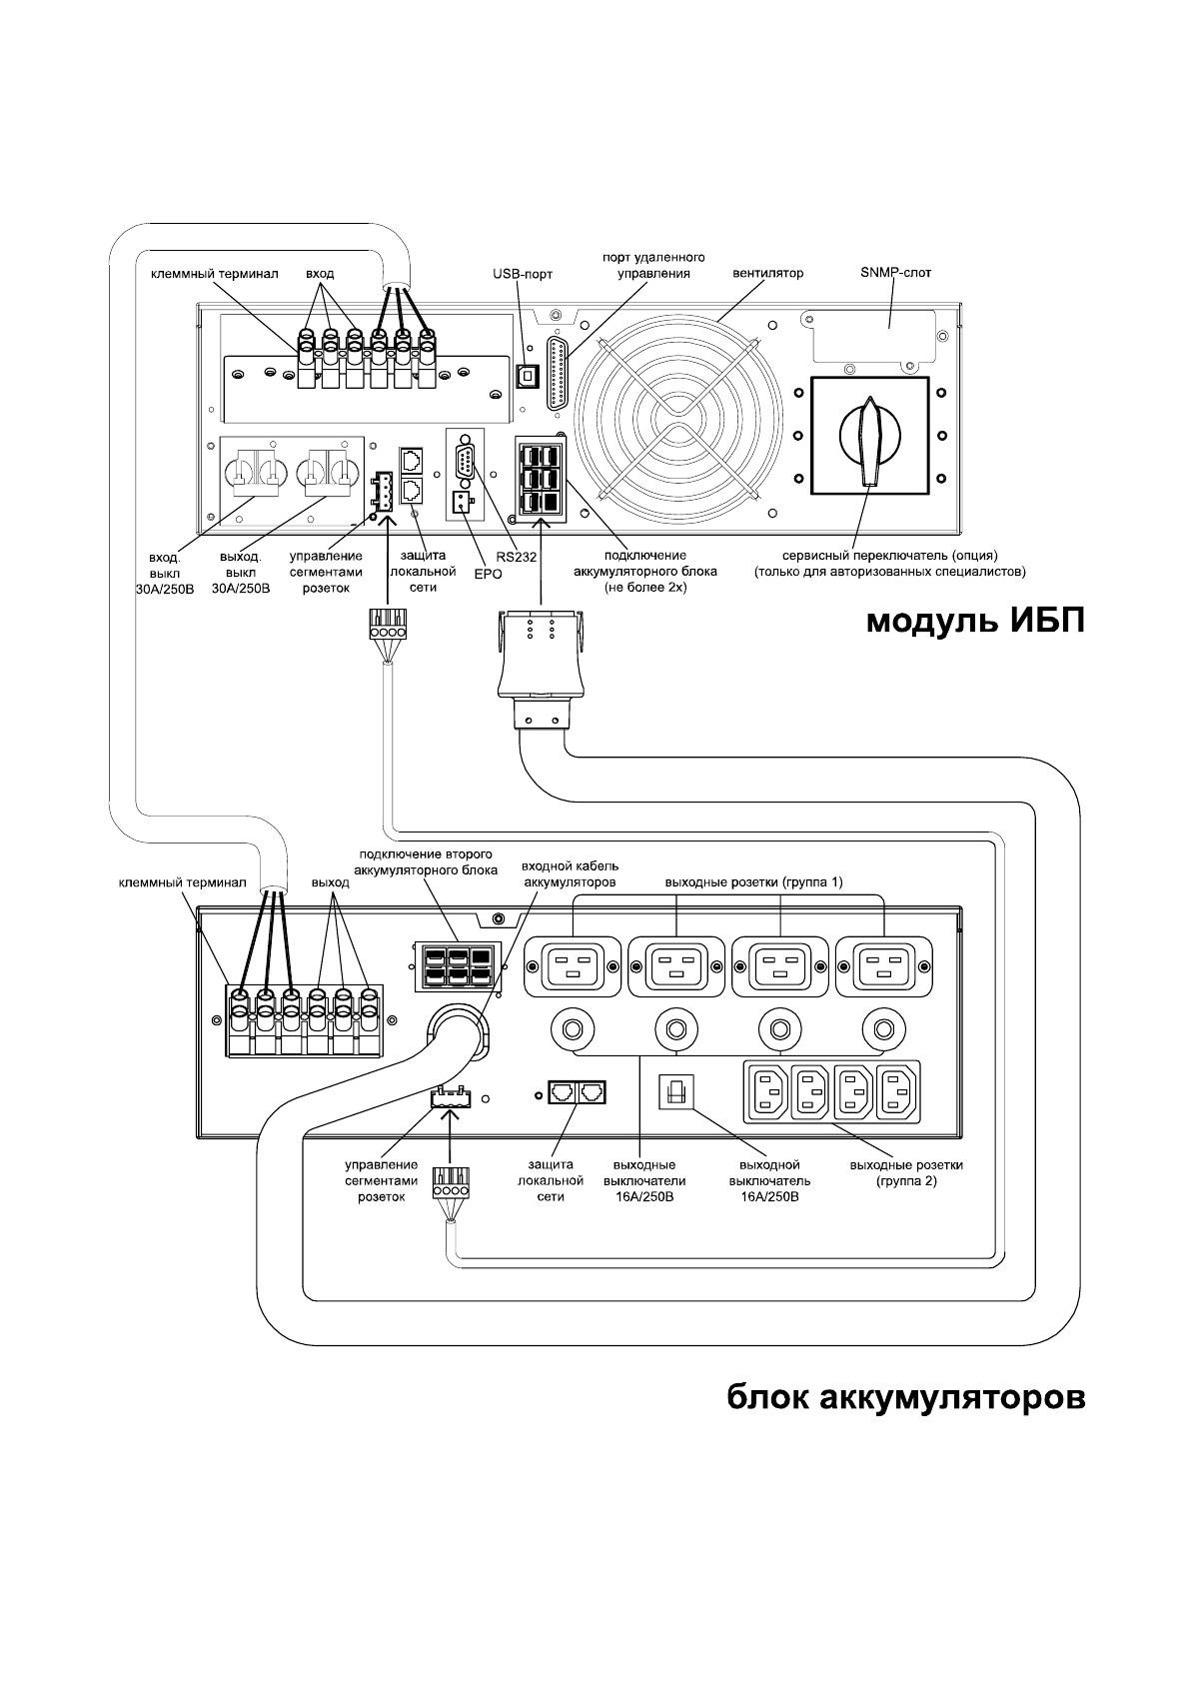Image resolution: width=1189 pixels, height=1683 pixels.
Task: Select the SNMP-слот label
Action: (895, 273)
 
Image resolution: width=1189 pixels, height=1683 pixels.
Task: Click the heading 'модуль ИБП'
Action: (974, 622)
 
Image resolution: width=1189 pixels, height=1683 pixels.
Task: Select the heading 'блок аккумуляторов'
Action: (904, 1397)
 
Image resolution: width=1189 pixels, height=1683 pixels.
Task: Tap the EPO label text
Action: (488, 575)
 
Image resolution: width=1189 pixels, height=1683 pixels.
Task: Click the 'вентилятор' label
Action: (767, 273)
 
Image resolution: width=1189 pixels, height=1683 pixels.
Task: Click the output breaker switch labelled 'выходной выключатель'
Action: (672, 1092)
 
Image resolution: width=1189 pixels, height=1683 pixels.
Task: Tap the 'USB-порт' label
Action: (523, 273)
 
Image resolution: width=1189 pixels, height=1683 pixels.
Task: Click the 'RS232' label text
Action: (518, 558)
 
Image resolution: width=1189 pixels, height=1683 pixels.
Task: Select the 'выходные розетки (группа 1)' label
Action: (753, 882)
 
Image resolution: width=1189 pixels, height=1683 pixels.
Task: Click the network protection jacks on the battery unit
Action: (577, 1091)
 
